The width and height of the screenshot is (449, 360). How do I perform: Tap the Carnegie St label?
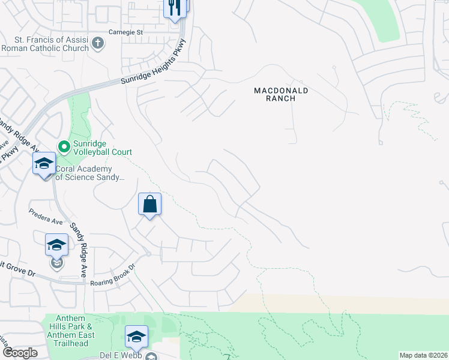[127, 32]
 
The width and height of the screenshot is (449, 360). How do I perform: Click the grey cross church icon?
[98, 43]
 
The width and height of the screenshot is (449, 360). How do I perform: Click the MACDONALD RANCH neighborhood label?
[280, 94]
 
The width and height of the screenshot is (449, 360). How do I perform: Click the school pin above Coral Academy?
[44, 164]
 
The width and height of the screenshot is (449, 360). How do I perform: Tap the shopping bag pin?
[149, 205]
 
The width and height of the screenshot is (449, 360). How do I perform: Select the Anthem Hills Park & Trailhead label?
[67, 331]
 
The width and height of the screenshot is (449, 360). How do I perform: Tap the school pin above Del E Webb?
[136, 337]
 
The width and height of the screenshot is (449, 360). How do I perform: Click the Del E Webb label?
[125, 355]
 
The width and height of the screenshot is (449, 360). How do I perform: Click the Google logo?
[19, 353]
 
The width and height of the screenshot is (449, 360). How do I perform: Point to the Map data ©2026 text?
[423, 355]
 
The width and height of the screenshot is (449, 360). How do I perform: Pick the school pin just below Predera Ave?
[56, 245]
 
